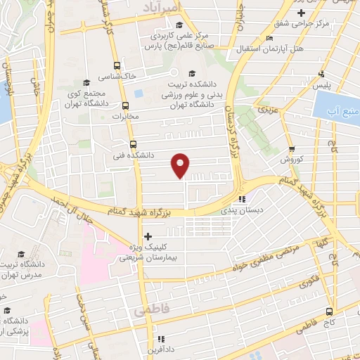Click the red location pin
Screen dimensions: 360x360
pos(181,165)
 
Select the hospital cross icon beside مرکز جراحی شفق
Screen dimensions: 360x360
pos(302,13)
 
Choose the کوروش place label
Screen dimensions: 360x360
pos(291,160)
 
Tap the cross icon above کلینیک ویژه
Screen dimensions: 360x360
pos(147,237)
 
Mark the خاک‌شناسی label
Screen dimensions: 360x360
pos(120,75)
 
